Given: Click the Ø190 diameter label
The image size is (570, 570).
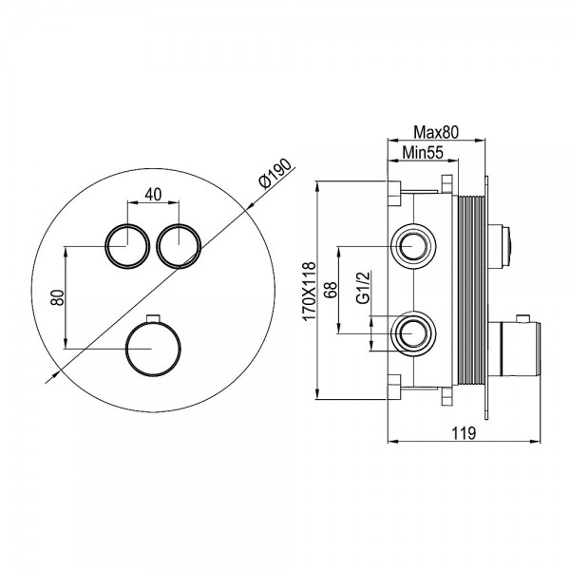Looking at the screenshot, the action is coord(275,174).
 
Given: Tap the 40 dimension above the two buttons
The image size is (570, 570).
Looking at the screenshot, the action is coord(153,195).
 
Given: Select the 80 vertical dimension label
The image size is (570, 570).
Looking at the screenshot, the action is coord(57,297).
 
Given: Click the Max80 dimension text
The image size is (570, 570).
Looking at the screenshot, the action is coord(436,132).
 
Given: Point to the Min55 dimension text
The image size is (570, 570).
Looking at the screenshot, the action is coord(423,153).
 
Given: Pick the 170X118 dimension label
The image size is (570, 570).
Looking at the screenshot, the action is coord(310,292).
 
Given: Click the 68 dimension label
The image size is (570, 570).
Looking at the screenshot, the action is coord(331,290).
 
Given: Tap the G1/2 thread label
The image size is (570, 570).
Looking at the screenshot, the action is coord(363,287).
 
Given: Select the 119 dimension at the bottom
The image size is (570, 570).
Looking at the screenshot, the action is coord(464,433).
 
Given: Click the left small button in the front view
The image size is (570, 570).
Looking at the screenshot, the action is coord(127,246).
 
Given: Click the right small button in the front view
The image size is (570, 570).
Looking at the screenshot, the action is coord(179,246).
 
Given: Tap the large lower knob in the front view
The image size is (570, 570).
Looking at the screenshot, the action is coord(153,349).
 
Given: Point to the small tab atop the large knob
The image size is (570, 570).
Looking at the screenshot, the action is coord(153,317).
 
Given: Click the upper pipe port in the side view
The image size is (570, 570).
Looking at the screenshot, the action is coord(413,246).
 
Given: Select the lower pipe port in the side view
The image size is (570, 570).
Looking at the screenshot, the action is coord(413,333).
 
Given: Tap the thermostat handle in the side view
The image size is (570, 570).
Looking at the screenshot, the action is coord(514,349).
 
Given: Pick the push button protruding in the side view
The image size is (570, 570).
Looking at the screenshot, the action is coord(500,246).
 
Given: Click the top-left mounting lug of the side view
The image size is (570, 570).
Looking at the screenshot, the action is coord(394,193).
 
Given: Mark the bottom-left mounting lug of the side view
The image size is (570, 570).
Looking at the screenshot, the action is coord(394,387).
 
